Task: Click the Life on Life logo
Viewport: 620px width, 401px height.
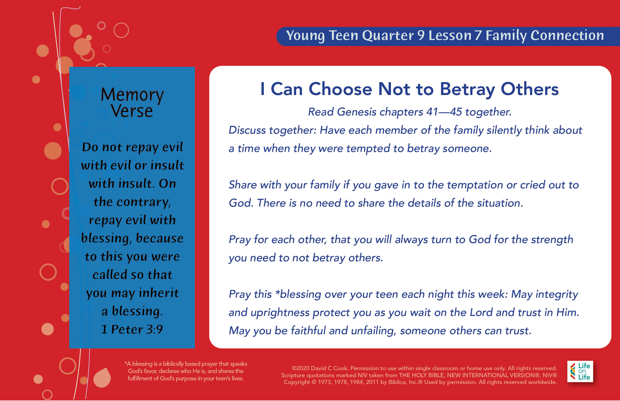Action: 580,371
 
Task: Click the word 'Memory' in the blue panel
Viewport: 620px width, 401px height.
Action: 132,95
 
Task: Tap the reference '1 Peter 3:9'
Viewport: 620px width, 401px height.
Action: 132,329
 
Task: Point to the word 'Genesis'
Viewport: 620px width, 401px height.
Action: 357,112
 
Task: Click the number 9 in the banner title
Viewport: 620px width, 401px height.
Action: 421,35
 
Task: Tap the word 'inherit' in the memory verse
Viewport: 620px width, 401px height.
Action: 159,293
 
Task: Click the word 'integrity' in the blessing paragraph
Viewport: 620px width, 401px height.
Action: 557,295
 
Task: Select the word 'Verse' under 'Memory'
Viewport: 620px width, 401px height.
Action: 132,111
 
